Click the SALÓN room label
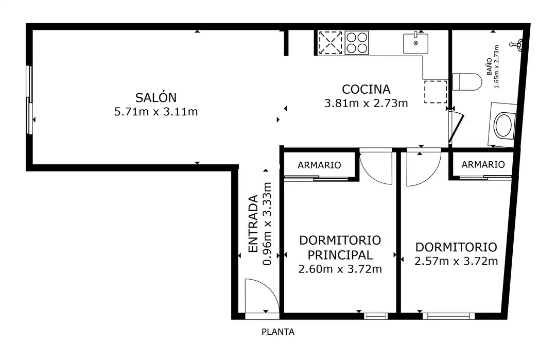pyautogui.click(x=156, y=97)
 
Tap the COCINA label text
pyautogui.click(x=366, y=90)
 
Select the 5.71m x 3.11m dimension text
pyautogui.click(x=156, y=112)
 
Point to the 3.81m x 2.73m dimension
pyautogui.click(x=366, y=103)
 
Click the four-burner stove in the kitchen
pyautogui.click(x=357, y=43)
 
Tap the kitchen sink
pyautogui.click(x=415, y=43)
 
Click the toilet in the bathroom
pyautogui.click(x=467, y=82)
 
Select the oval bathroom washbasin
pyautogui.click(x=503, y=125)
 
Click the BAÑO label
pyautogui.click(x=490, y=66)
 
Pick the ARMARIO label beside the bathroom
pyautogui.click(x=483, y=164)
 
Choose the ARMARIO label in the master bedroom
pyautogui.click(x=319, y=165)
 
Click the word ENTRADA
pyautogui.click(x=252, y=224)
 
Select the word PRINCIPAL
pyautogui.click(x=340, y=254)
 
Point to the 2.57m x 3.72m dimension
pyautogui.click(x=456, y=262)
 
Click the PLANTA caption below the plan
pyautogui.click(x=278, y=332)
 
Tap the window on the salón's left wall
pyautogui.click(x=30, y=100)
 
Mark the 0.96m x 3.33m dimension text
pyautogui.click(x=267, y=224)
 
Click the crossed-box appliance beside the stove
pyautogui.click(x=330, y=43)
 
